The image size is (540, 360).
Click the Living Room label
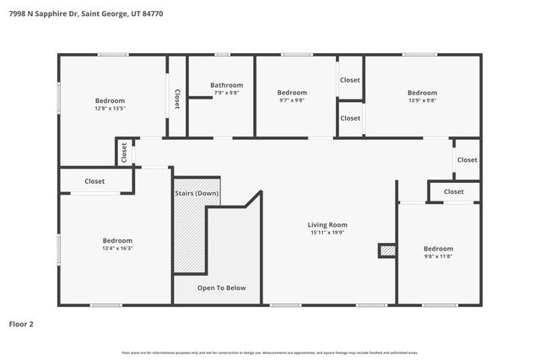coord(327,225)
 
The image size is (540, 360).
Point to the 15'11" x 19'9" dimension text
coord(327,234)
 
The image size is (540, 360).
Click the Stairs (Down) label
coord(196,194)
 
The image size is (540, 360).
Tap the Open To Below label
coord(221,288)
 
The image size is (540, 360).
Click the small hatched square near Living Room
coord(386,250)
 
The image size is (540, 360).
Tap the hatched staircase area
coord(189,236)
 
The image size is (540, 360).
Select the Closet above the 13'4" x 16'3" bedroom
coord(94,181)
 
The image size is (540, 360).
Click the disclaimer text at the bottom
coord(269,352)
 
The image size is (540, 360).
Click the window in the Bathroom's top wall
coord(221,55)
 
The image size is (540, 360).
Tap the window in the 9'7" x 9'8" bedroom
coord(296,55)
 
